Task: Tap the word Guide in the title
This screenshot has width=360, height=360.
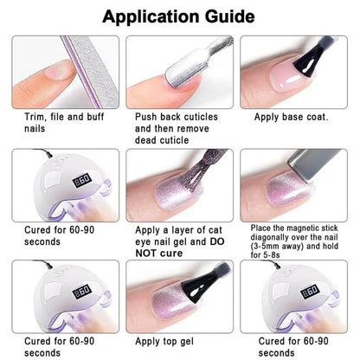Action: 230,16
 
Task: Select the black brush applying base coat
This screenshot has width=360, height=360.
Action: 313,59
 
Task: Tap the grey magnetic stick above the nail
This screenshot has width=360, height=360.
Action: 313,164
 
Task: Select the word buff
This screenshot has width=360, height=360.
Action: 95,117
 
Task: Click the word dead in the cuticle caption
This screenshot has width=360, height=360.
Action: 146,140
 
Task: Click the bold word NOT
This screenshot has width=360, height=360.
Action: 146,254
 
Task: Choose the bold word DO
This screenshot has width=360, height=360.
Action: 217,241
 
